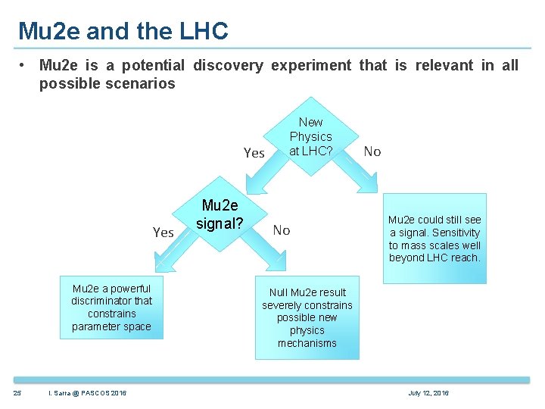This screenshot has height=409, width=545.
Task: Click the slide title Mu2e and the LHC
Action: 123,31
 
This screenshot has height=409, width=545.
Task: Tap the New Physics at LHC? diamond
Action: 310,136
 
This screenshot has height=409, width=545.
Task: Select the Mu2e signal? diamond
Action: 220,216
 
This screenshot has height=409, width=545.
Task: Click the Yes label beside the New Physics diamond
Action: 254,153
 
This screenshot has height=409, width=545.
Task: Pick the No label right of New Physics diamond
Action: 372,151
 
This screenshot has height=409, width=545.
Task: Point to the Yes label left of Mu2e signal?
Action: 163,233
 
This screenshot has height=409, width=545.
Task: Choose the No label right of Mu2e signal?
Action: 282,230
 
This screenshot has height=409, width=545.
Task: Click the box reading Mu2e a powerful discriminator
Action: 111,308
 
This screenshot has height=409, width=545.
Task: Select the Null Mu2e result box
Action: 307,318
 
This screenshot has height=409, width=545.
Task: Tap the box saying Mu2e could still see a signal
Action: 434,239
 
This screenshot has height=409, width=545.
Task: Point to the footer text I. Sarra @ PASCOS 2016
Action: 87,392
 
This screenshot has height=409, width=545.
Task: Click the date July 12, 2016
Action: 428,392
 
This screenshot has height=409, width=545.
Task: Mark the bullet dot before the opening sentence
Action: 25,66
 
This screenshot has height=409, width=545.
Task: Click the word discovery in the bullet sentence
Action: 228,66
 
